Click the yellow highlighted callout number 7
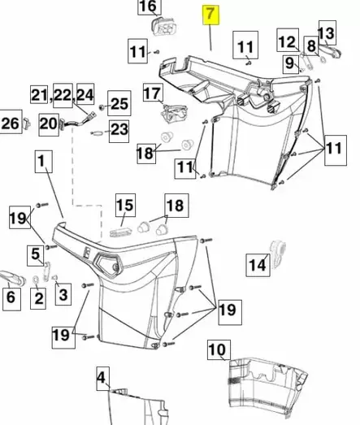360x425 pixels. pos(210,14)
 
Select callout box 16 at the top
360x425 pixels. pos(148,7)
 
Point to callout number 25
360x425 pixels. pos(119,103)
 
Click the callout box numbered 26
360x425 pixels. pos(10,124)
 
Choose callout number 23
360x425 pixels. pos(119,128)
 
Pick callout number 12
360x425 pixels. pos(288,41)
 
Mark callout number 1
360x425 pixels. pos(41,163)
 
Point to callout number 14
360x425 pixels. pos(257,264)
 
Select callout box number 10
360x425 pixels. pos(216,351)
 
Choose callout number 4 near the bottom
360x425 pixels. pos(102,377)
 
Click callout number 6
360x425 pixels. pos(11,298)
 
